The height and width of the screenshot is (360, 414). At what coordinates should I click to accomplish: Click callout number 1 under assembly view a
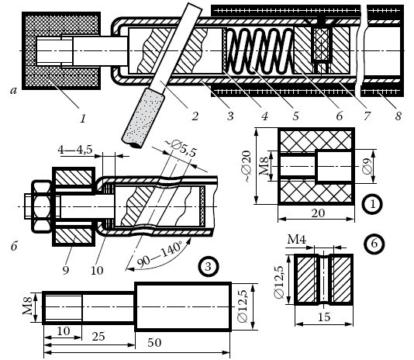point(83,119)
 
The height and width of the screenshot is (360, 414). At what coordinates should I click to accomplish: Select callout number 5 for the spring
point(295,116)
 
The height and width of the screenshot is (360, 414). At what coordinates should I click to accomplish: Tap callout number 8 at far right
point(398,116)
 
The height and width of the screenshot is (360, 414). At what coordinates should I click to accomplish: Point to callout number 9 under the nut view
point(66,270)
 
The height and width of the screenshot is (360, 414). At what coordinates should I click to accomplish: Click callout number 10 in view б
point(97,270)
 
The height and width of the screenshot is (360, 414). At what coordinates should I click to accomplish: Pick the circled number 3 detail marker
point(209,267)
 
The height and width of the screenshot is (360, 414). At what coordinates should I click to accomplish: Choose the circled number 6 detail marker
point(374,244)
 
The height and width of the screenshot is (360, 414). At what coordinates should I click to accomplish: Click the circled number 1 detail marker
point(372,204)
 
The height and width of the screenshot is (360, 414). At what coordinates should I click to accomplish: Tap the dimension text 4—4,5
point(75,150)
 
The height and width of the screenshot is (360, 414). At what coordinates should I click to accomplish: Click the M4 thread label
point(296,240)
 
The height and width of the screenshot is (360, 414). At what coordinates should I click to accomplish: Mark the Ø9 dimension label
point(367,166)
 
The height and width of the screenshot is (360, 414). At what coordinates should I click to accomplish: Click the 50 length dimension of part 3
point(154,343)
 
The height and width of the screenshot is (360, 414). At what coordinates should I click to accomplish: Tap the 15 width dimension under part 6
point(324,317)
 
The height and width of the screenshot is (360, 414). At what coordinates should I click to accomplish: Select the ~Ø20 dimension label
point(247,166)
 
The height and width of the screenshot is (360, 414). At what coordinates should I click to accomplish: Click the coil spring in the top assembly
point(260,50)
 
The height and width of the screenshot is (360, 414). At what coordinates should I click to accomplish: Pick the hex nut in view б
point(41,206)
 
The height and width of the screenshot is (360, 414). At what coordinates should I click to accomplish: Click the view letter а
point(13,91)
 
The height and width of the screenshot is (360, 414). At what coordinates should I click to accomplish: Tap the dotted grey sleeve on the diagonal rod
point(143,117)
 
